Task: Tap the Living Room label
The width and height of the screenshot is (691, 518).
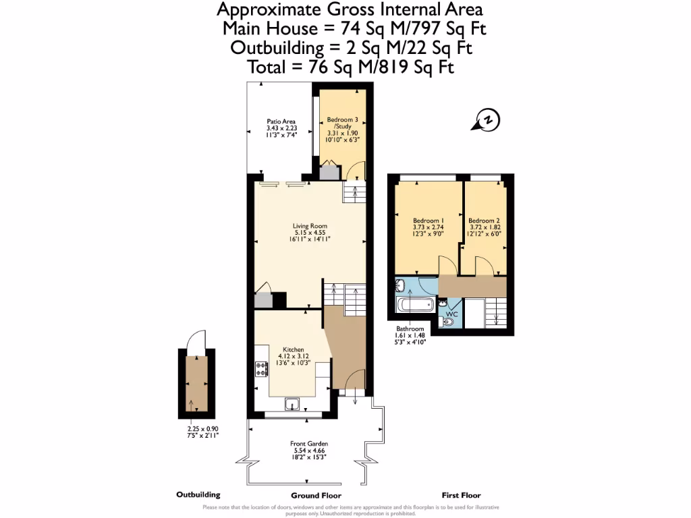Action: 310,226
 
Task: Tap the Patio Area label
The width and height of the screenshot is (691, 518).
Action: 281,121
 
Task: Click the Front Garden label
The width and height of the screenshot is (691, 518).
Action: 309,444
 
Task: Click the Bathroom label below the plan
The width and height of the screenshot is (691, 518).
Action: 410,328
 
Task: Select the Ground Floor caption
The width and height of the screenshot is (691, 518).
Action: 310,495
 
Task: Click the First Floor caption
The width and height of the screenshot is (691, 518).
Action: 461,495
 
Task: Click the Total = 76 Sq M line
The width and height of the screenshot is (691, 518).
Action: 351,67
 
